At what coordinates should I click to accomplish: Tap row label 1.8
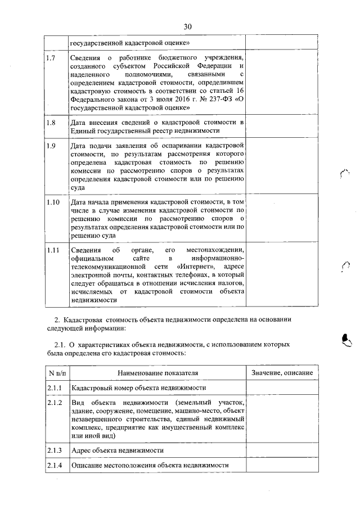[51, 121]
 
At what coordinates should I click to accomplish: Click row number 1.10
[53, 201]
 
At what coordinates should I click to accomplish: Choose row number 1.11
[53, 249]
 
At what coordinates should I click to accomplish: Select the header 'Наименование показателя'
[157, 373]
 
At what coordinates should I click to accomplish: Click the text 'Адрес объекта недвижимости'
[118, 451]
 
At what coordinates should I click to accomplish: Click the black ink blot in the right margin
[347, 338]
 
